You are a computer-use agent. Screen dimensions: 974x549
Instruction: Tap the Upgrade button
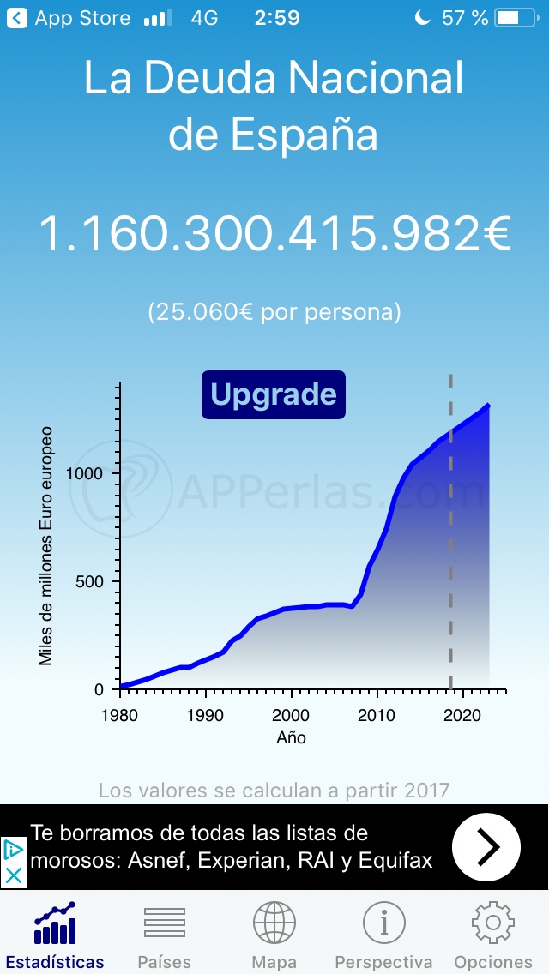[x=274, y=394]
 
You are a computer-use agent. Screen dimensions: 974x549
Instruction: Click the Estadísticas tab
[x=55, y=934]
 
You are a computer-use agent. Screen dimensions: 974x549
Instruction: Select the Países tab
[x=164, y=934]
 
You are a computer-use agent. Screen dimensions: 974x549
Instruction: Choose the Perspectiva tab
[x=383, y=934]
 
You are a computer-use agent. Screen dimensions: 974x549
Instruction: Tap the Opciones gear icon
[x=493, y=923]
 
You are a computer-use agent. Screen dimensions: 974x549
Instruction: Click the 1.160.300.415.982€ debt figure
[x=274, y=234]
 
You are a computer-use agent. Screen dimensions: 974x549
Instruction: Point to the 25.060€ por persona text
[x=274, y=311]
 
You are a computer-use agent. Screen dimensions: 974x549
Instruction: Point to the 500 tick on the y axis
[x=89, y=581]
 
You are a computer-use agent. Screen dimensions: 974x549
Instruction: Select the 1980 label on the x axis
[x=120, y=715]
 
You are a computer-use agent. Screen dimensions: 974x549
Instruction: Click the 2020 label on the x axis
[x=463, y=715]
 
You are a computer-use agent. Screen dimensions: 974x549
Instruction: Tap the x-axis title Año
[x=292, y=737]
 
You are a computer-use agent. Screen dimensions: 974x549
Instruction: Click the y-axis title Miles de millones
[x=46, y=545]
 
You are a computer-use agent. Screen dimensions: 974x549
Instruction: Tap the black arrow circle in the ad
[x=486, y=847]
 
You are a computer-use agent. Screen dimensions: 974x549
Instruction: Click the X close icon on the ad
[x=14, y=876]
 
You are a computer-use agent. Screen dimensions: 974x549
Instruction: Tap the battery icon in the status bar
[x=519, y=18]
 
